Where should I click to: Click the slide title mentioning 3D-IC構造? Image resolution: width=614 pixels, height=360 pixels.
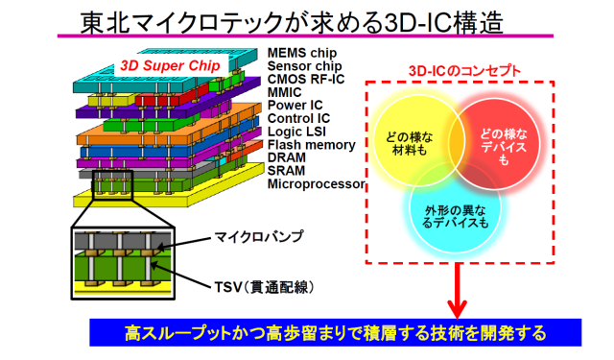coord(292,22)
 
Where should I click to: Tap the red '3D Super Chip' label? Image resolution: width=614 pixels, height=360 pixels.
coord(171,66)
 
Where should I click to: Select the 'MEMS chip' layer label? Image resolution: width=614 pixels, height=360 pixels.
coord(302,53)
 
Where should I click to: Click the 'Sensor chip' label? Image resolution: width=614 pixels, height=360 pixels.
coord(305,66)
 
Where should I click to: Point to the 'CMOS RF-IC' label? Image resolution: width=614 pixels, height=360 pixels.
coord(306,79)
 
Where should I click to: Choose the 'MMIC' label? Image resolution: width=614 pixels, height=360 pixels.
coord(284,92)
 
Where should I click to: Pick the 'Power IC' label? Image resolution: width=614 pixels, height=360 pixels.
coord(295,106)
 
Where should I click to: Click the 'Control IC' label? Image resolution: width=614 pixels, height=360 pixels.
coord(298,118)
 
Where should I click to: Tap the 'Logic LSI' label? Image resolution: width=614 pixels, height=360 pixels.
coord(296,132)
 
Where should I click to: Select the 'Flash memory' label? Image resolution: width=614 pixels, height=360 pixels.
coord(311,145)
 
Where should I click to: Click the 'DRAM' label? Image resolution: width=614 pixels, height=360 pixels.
coord(286,157)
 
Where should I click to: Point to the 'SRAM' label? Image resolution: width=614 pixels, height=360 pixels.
coord(286,171)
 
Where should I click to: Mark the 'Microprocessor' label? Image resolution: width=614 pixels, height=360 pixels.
coord(316,183)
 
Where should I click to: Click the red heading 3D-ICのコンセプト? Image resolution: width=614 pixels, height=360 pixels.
coord(464,71)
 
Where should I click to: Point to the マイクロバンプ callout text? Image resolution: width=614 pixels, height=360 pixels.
coord(259,236)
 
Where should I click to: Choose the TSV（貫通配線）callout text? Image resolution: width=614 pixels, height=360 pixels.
coord(265,288)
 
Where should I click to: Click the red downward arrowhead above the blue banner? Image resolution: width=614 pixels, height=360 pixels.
coord(457,309)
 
